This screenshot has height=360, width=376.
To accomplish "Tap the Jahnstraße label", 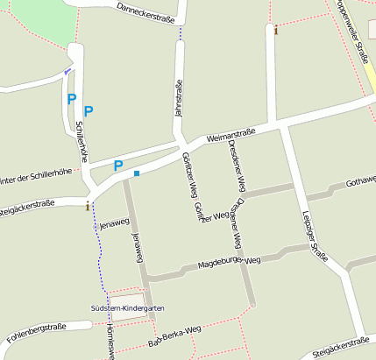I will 178,98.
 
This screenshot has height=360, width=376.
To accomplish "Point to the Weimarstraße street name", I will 231,136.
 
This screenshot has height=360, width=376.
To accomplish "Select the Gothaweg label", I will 360,181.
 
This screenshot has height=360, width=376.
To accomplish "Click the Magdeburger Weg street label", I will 230,262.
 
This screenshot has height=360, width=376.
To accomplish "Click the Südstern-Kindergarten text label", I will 127,308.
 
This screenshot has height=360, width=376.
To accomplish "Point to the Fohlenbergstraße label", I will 36,329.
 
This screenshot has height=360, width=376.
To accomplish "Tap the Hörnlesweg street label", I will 108,342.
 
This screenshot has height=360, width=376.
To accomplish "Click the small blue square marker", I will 137,173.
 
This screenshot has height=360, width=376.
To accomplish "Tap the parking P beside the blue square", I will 117,166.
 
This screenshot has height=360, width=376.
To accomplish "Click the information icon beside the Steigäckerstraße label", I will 87,206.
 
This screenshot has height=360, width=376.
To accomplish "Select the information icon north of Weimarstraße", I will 276,31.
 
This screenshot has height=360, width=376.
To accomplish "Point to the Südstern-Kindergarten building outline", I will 123,297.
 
